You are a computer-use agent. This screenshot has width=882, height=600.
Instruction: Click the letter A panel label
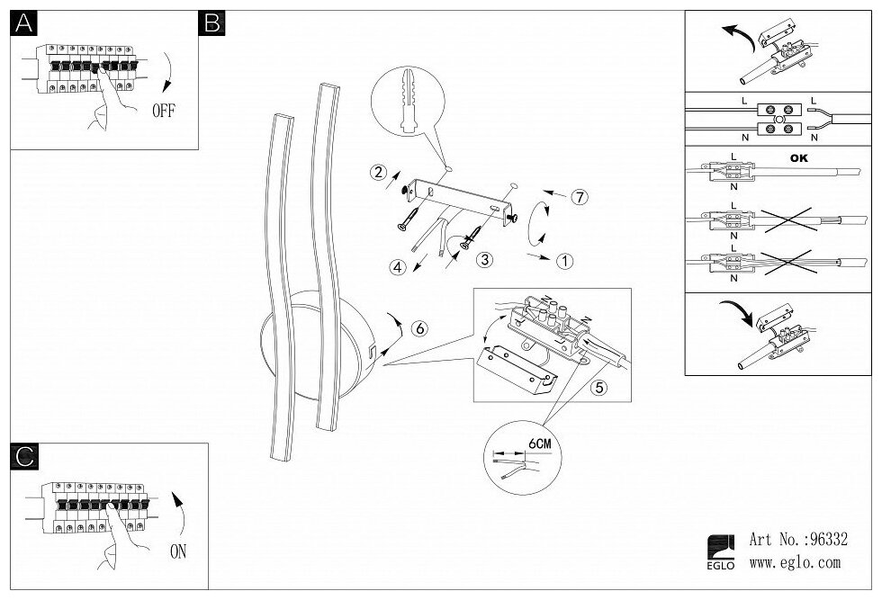point(22,24)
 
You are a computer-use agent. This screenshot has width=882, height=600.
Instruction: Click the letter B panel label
point(212,24)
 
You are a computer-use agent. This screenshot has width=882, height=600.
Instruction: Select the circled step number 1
point(563,262)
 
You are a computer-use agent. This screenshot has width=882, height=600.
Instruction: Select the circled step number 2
point(379,172)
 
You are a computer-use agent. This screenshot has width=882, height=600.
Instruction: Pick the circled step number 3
point(484,261)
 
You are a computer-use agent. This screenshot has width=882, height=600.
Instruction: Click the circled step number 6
point(418,327)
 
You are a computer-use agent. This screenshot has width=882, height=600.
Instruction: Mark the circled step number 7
point(580,197)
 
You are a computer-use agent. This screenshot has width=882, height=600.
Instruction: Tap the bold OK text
point(798,158)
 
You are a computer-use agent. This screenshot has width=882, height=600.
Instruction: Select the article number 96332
point(826,541)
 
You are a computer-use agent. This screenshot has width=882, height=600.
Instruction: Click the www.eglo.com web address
point(795,564)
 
